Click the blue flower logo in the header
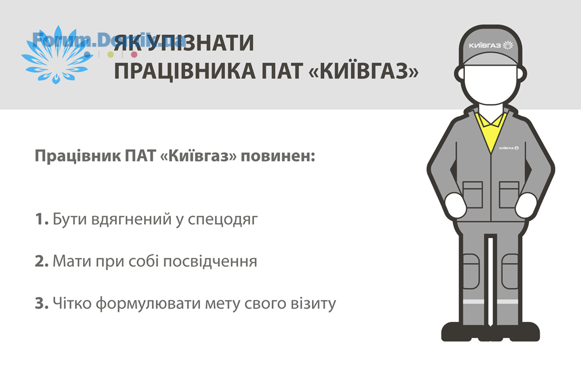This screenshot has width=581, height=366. [x=56, y=55]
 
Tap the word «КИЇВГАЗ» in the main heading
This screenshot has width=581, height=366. [x=363, y=70]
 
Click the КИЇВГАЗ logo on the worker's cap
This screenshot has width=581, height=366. [x=490, y=45]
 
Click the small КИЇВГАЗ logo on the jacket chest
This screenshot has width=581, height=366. [x=508, y=148]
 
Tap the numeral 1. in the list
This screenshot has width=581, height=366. [x=41, y=219]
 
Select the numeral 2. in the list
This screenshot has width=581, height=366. [x=41, y=261]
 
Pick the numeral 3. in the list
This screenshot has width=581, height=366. [x=41, y=303]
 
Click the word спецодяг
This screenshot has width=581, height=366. [x=223, y=220]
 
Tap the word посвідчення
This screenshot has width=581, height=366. [x=210, y=262]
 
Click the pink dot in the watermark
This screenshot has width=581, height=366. [x=134, y=55]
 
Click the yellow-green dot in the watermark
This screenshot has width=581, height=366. [x=110, y=55]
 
